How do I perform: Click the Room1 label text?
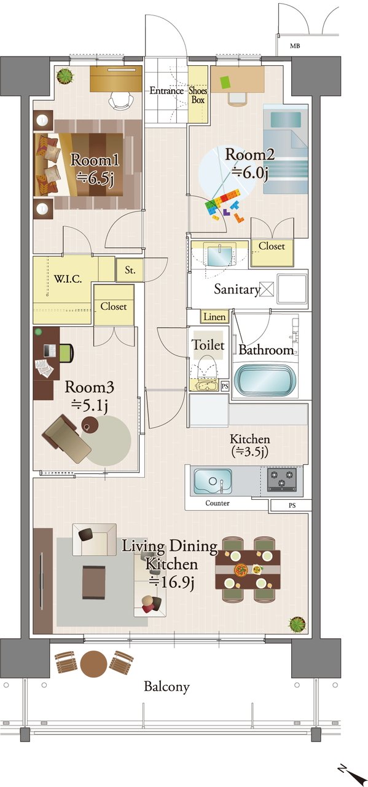point(95,160)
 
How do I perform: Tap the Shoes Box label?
point(198,95)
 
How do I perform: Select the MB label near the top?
point(295,45)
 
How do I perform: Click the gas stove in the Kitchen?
point(282,479)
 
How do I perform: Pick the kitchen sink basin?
point(213,481)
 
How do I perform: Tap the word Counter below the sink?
point(217,503)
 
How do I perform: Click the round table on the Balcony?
point(93,663)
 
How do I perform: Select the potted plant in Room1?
point(66,76)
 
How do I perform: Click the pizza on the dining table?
point(241,569)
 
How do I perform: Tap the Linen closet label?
point(214,317)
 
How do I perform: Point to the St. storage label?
point(130,270)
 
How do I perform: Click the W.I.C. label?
point(68,280)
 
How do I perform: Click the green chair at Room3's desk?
point(67,353)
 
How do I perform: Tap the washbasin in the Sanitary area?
point(219,256)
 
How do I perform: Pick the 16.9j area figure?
point(171,582)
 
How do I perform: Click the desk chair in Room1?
point(121,100)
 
